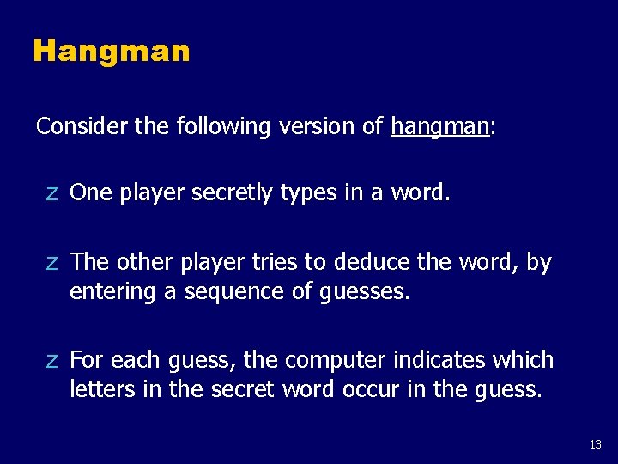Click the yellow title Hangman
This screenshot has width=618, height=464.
click(111, 52)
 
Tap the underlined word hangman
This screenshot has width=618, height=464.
click(439, 127)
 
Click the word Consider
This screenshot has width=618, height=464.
click(83, 126)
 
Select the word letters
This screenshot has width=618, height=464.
click(100, 389)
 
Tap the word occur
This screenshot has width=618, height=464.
click(371, 389)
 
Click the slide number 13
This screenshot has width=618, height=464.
click(596, 444)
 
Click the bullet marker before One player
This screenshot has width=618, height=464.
click(52, 193)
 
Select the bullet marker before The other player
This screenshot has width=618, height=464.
click(52, 261)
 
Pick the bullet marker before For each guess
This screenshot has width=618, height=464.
click(52, 359)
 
